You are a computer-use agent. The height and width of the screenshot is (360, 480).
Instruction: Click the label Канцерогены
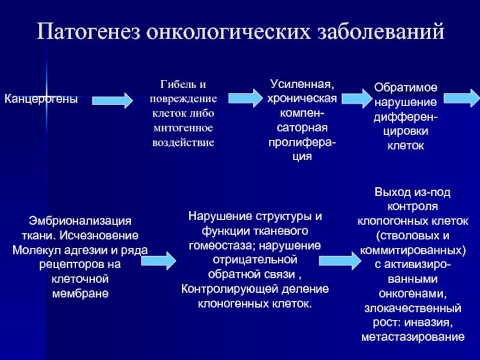pos(41,98)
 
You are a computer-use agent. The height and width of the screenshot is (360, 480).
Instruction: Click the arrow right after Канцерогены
pos(112,100)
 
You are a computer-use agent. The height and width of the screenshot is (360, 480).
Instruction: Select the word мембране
pos(80,293)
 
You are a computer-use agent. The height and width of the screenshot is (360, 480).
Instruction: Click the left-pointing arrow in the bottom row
pos(338,259)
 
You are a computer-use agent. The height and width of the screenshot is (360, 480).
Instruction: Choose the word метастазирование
pos(413,337)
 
